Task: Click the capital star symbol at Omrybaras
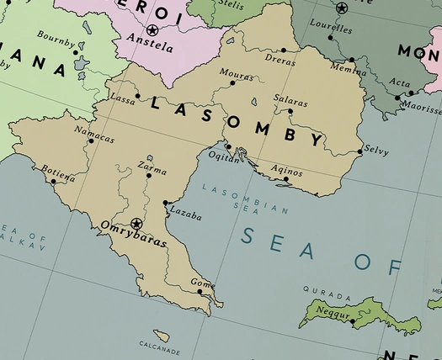point(136,223)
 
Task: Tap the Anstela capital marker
point(152,30)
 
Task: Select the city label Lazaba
point(185,214)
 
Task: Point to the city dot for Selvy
point(360,152)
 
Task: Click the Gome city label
point(202,283)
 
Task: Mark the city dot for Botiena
point(53,181)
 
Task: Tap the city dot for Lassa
point(137,96)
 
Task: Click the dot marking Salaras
point(290,111)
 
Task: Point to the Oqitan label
point(224,157)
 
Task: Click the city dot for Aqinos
point(287,178)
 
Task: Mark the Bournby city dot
point(76,52)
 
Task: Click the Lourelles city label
point(330,25)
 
